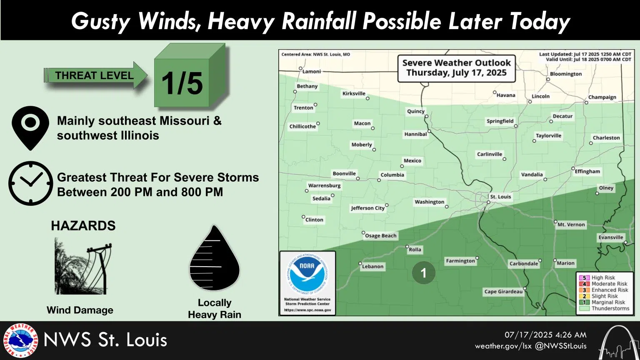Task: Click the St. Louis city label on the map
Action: click(500, 197)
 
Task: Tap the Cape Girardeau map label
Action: click(503, 292)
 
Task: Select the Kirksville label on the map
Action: click(354, 94)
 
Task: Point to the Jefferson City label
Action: click(367, 208)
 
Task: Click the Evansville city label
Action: click(611, 237)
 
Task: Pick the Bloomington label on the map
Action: click(565, 74)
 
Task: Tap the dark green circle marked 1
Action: click(423, 273)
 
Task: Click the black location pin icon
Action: click(30, 127)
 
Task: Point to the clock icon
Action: click(31, 183)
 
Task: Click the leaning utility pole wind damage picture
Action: click(83, 267)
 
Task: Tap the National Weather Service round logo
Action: click(20, 340)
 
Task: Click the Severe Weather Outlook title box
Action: click(456, 68)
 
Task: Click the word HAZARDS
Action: click(83, 226)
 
